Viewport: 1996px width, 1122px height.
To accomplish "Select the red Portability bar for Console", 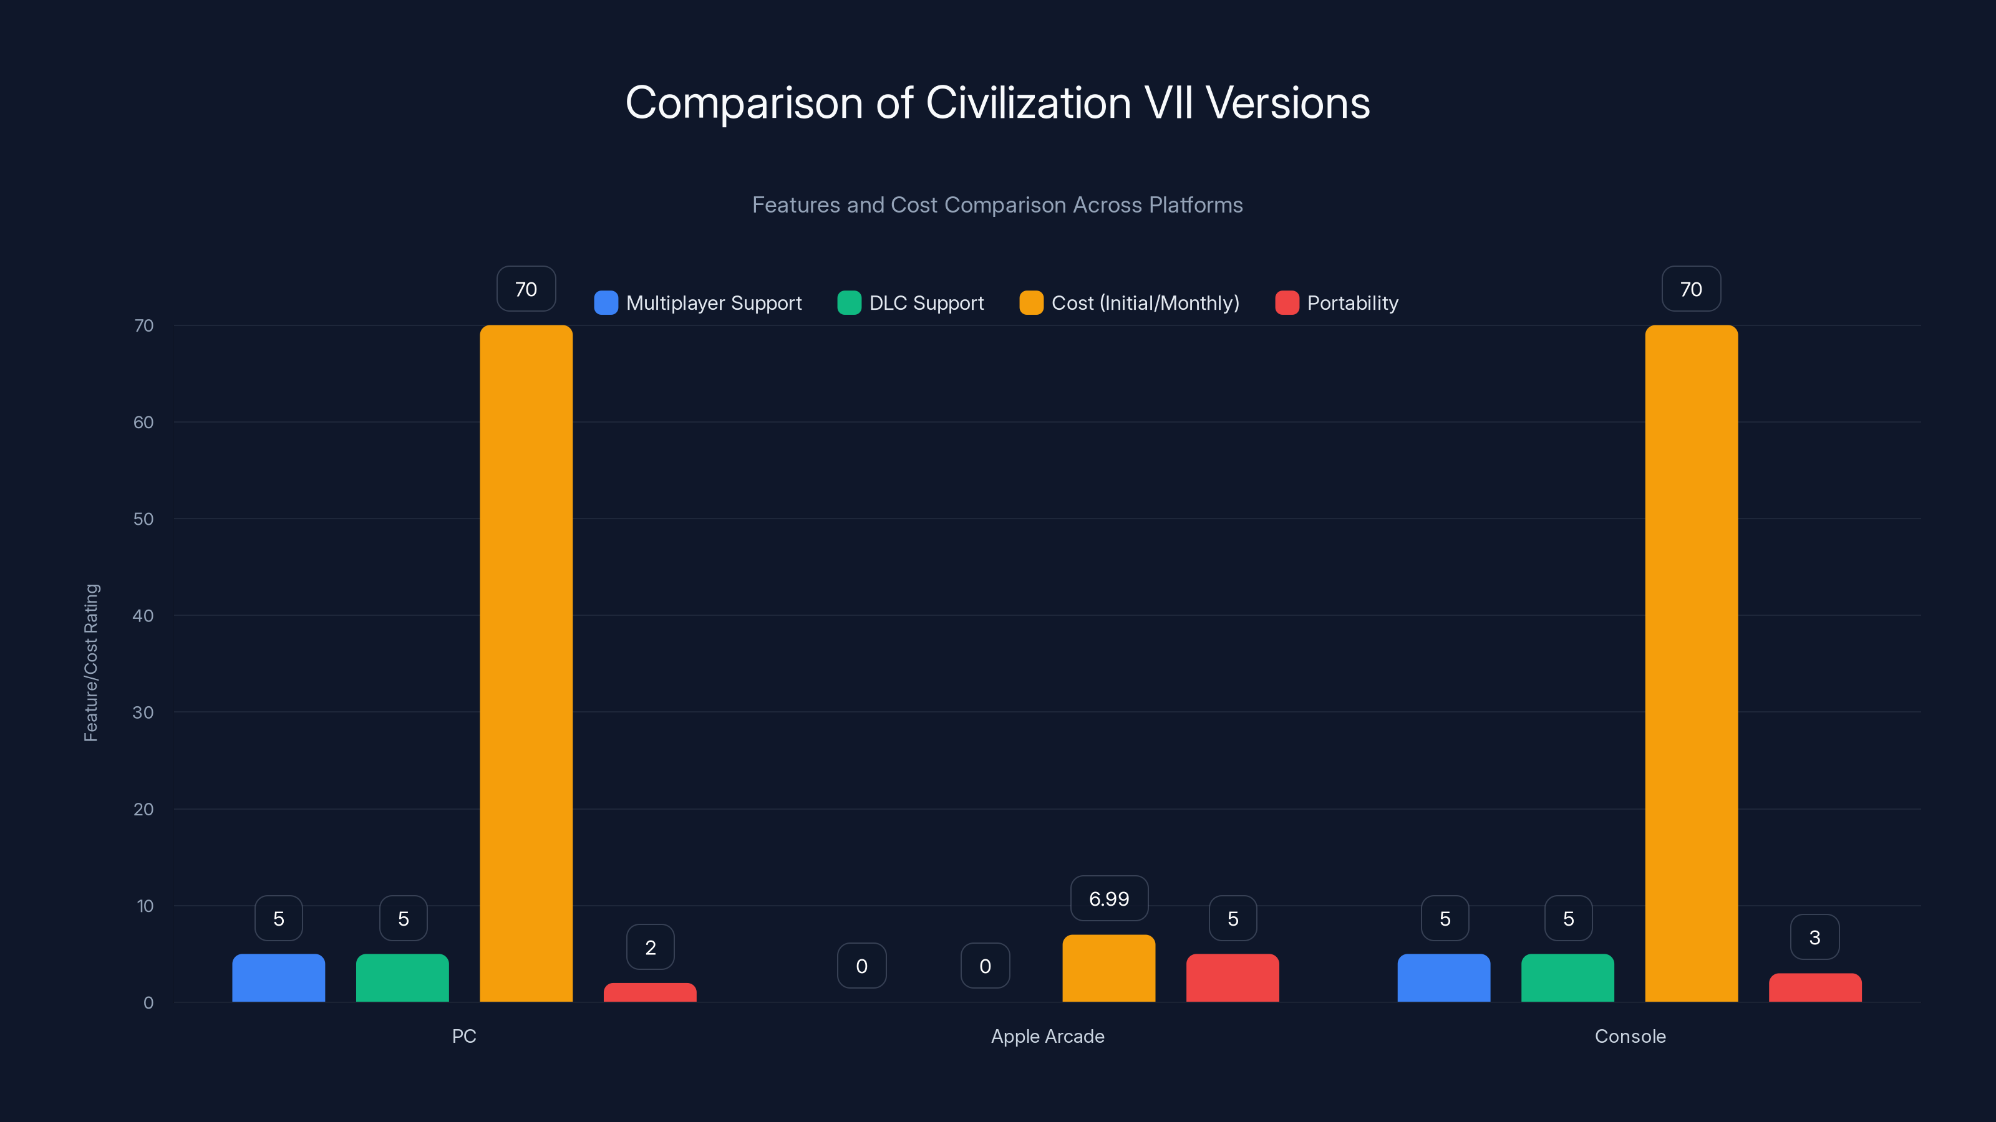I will pos(1814,987).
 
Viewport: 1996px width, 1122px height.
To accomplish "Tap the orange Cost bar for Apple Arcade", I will pos(1108,968).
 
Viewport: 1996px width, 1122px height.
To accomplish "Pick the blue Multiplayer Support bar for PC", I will pos(278,977).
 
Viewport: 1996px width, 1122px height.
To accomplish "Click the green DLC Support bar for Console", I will pos(1567,977).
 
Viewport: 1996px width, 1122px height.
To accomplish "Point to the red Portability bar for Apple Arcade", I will pos(1232,977).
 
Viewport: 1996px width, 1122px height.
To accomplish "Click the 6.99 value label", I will pos(1109,898).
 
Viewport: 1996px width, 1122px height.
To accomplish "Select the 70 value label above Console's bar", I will pos(1691,289).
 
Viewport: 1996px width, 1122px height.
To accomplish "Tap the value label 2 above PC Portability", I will pos(650,947).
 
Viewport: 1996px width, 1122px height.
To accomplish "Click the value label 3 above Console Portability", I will pos(1814,937).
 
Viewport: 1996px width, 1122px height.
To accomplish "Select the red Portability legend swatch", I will pos(1286,303).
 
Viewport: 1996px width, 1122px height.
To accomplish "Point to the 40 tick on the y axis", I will pos(143,616).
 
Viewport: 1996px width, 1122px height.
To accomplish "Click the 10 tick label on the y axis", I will pos(145,906).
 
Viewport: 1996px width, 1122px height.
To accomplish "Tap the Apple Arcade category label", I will pos(1048,1036).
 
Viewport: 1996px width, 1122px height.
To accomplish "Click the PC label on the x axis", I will pos(464,1036).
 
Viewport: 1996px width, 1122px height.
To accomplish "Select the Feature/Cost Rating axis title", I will pos(90,663).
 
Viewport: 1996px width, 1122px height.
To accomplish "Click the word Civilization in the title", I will pos(1028,102).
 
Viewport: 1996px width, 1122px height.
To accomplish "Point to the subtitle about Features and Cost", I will pos(997,204).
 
